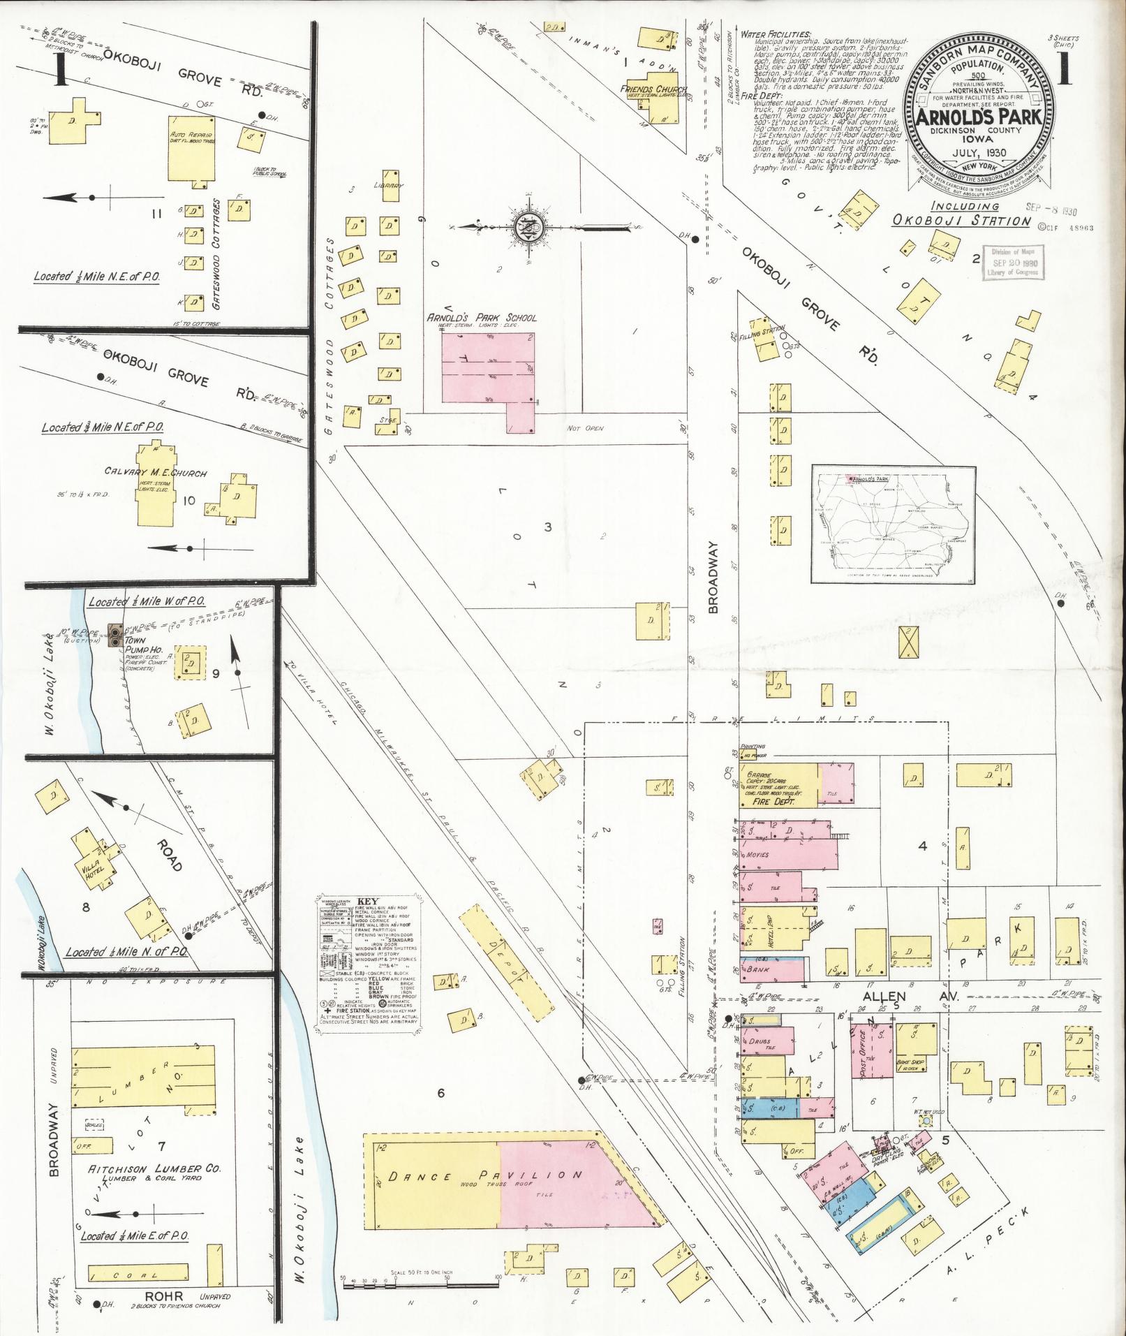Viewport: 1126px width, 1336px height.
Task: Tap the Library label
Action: [x=392, y=186]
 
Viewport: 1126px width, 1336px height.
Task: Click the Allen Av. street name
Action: [x=888, y=996]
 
